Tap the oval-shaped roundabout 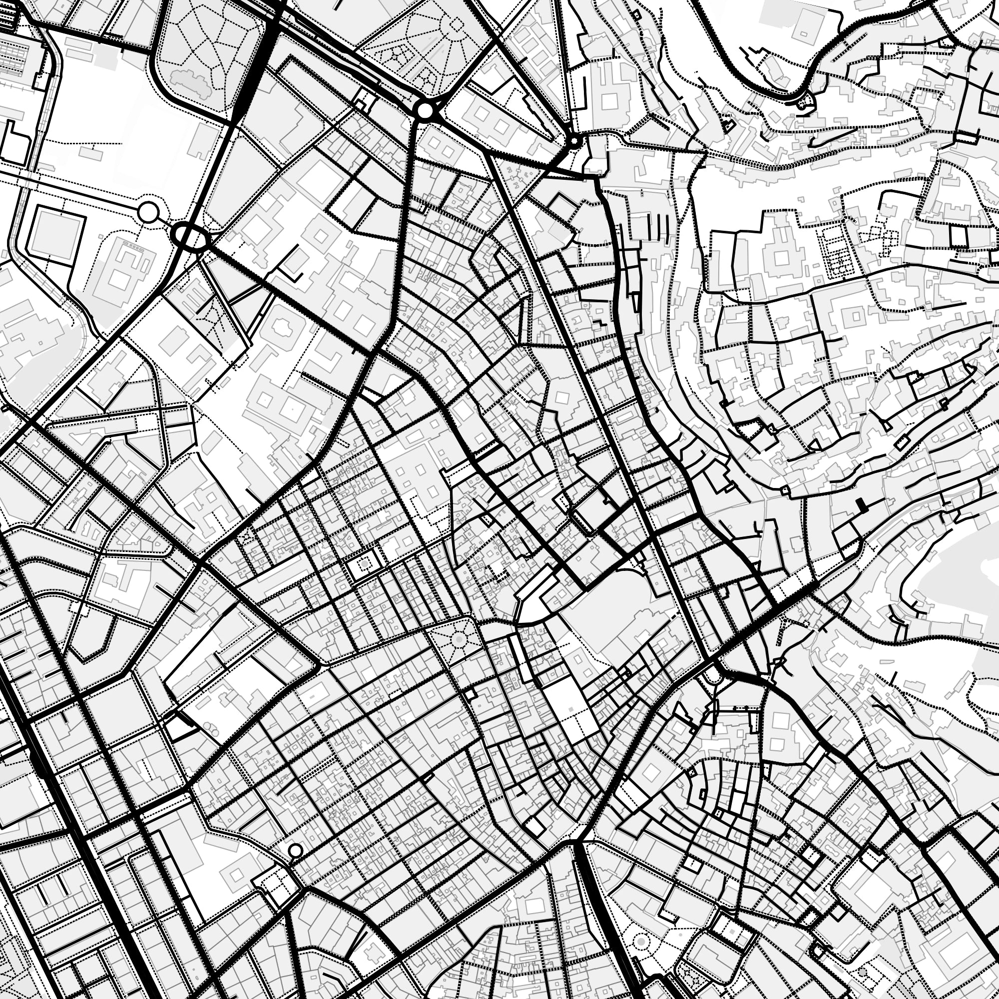click(190, 237)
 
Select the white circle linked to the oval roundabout click(148, 212)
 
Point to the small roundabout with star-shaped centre click(574, 141)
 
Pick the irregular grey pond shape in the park click(190, 81)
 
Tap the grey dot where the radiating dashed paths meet click(458, 640)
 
